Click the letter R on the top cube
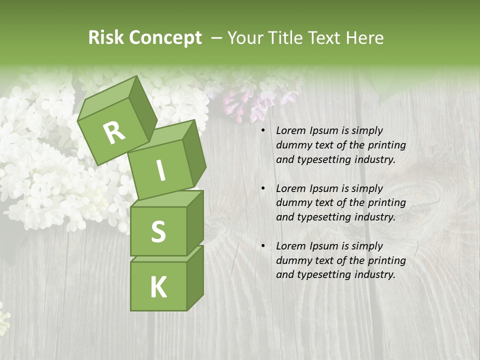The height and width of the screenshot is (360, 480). pyautogui.click(x=114, y=133)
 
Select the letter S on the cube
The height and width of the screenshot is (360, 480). pyautogui.click(x=158, y=232)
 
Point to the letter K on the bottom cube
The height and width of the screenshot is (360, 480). pyautogui.click(x=158, y=287)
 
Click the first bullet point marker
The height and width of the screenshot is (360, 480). pyautogui.click(x=263, y=131)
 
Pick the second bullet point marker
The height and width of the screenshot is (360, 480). pyautogui.click(x=263, y=189)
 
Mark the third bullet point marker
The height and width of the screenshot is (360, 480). pyautogui.click(x=263, y=246)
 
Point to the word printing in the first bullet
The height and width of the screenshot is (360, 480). pyautogui.click(x=386, y=145)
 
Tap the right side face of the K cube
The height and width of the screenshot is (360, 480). pyautogui.click(x=195, y=277)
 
